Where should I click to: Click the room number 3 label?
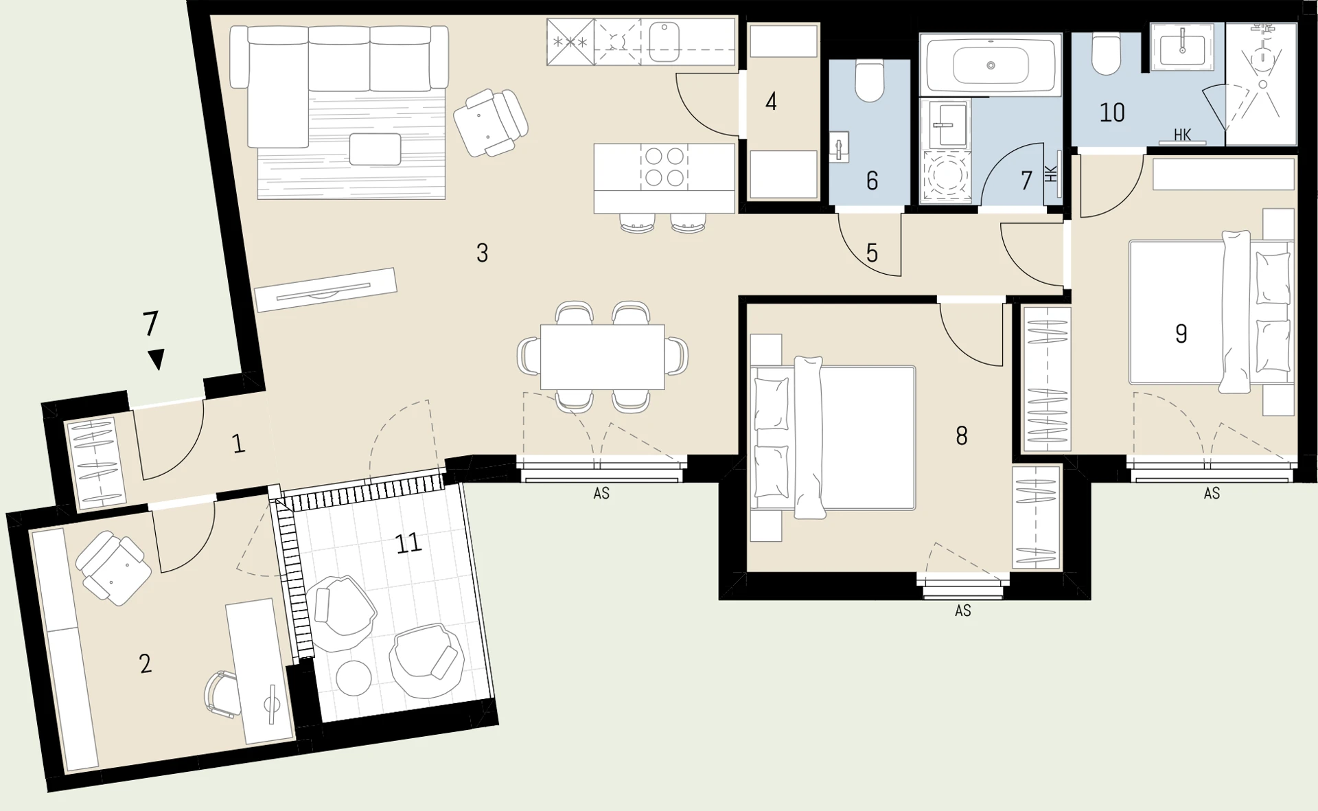(x=483, y=253)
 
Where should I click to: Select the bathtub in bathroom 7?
(x=991, y=65)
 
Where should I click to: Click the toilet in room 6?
(x=870, y=81)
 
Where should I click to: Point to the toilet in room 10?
(x=1107, y=54)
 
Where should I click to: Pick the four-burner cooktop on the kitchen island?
(x=664, y=167)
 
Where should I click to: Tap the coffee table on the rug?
(x=375, y=149)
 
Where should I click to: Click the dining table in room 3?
(x=603, y=357)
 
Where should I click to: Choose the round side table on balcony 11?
(x=354, y=678)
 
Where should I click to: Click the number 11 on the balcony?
(x=408, y=544)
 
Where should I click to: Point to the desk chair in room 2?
(x=222, y=695)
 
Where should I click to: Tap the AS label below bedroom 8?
(x=963, y=610)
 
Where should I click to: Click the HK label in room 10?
(x=1182, y=135)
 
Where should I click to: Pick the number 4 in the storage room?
(x=771, y=102)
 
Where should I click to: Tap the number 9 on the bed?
(x=1181, y=334)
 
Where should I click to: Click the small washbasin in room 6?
(x=840, y=146)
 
